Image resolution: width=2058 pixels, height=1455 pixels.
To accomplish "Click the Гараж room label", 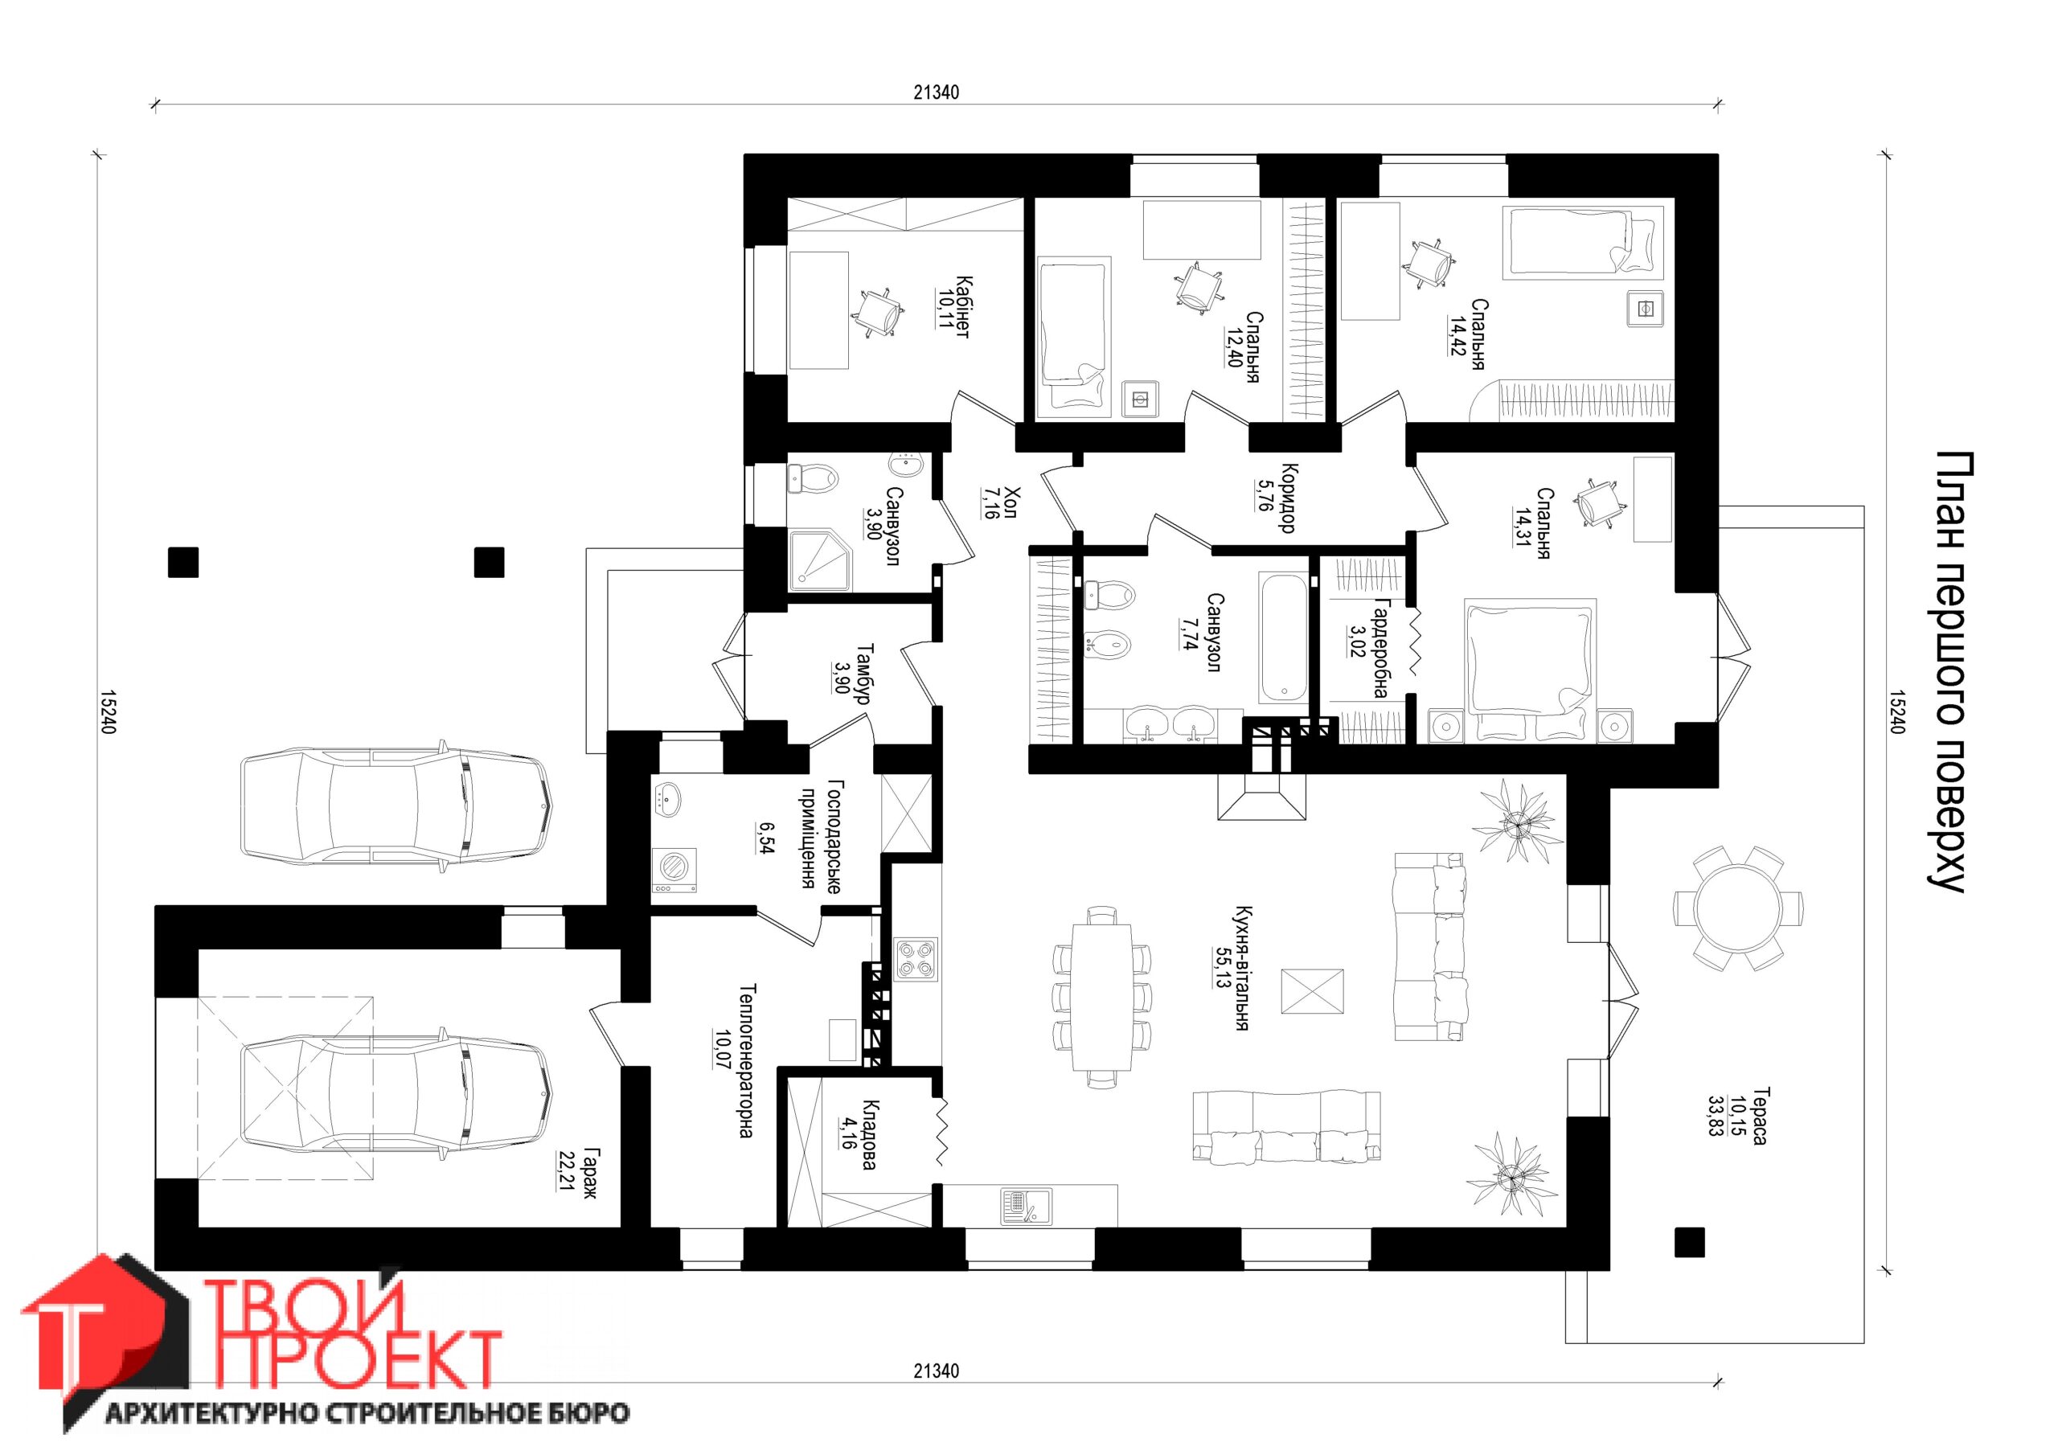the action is (589, 1174).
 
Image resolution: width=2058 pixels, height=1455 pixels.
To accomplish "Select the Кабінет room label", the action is (961, 306).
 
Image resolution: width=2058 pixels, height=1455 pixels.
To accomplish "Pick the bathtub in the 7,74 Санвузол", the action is (1284, 637).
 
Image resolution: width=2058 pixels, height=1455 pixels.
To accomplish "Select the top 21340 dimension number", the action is (937, 92).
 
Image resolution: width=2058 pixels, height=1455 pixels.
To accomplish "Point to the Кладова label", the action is (868, 1136).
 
